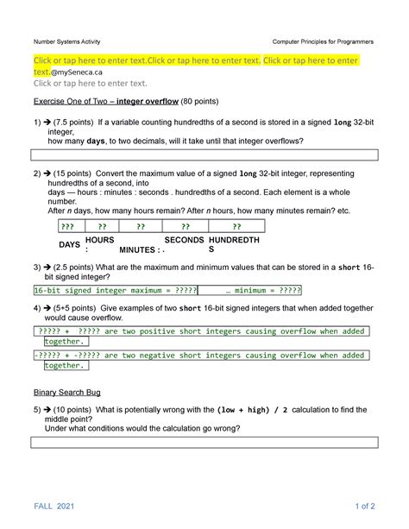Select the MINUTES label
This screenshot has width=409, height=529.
[136, 249]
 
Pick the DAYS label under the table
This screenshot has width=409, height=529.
[69, 245]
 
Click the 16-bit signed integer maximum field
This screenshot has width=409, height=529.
[116, 291]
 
